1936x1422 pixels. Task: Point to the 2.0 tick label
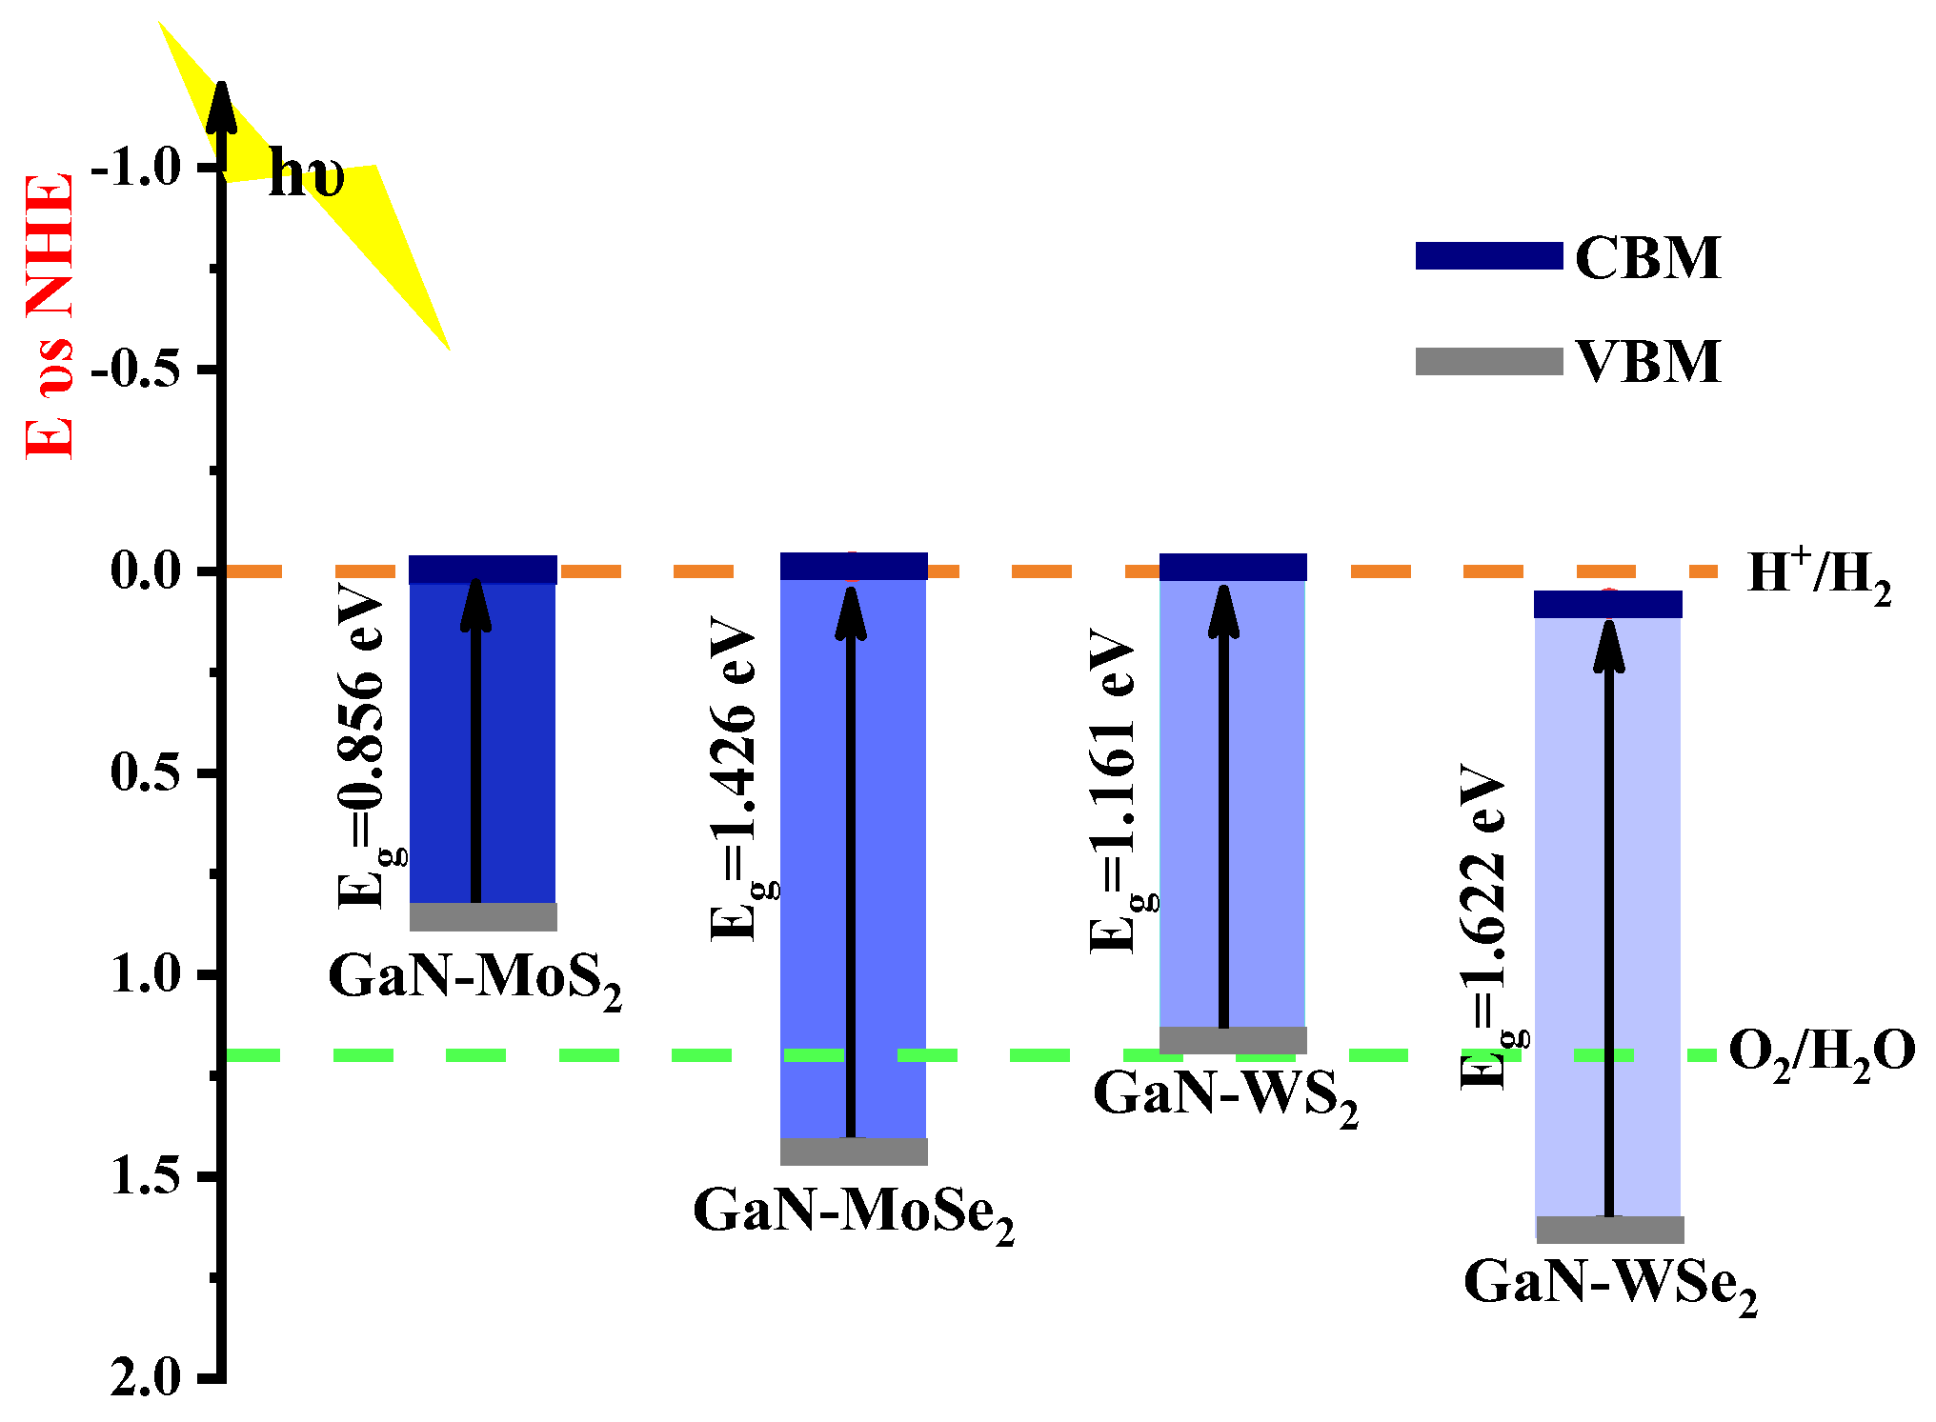(145, 1378)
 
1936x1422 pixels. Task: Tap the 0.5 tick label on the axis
(145, 772)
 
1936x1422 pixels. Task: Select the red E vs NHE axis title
(50, 316)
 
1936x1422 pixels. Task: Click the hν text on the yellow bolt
(306, 176)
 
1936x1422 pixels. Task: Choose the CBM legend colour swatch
(1488, 256)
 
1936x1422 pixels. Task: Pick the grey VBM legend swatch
(1488, 362)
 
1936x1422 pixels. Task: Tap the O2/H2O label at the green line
(1821, 1053)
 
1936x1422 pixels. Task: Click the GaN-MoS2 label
(474, 978)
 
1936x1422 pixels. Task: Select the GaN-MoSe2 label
(853, 1212)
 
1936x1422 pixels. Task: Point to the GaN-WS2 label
(1225, 1095)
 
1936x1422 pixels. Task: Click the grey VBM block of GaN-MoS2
(483, 916)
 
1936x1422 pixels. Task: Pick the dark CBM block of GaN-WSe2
(1607, 604)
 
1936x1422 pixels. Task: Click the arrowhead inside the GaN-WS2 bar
(1223, 611)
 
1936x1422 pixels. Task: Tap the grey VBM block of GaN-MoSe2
(854, 1151)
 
